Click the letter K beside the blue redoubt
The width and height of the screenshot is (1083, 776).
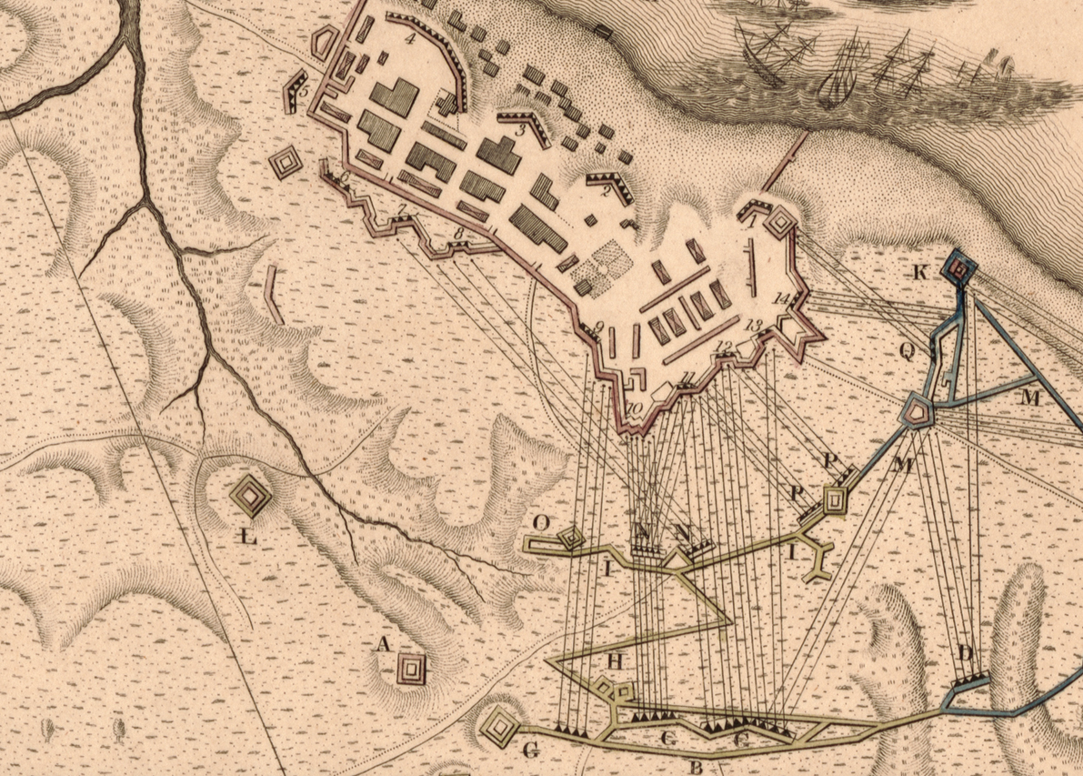click(x=920, y=272)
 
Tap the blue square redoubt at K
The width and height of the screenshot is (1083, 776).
click(x=959, y=267)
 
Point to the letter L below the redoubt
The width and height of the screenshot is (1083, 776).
click(x=247, y=538)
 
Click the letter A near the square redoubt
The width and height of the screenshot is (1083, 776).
click(x=383, y=645)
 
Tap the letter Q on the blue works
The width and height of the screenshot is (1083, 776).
click(x=908, y=350)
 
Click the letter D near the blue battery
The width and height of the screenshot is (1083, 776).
click(x=966, y=653)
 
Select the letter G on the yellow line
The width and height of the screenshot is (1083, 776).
click(x=532, y=750)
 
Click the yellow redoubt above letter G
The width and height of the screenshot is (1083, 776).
click(x=499, y=725)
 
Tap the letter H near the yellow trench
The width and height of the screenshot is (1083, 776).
click(x=615, y=661)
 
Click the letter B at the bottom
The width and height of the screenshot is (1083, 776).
click(x=697, y=767)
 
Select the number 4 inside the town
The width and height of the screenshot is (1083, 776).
click(x=410, y=38)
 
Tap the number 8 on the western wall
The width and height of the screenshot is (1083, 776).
click(x=458, y=235)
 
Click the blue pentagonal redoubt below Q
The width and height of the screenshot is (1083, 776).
click(x=918, y=412)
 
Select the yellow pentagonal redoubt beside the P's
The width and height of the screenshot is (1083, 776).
click(x=834, y=499)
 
